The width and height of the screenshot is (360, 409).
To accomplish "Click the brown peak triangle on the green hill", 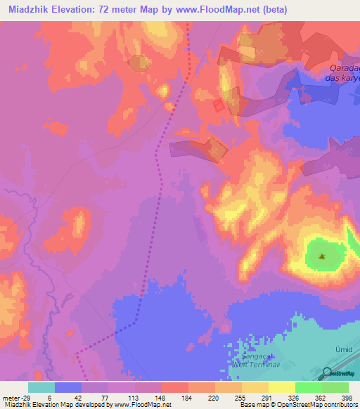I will (x=322, y=256).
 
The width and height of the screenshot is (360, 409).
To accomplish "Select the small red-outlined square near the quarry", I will (x=219, y=105).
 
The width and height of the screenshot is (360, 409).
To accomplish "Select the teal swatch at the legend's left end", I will (x=41, y=387).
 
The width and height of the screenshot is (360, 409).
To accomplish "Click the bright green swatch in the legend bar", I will (x=308, y=387).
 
